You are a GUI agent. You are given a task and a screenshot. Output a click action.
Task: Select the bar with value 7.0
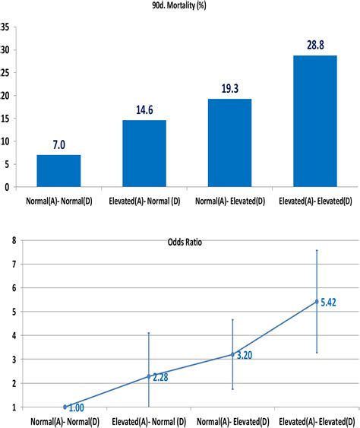(x=58, y=170)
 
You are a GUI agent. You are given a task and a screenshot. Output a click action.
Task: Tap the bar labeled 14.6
(x=144, y=153)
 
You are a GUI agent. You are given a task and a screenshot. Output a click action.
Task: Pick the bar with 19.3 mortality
(x=230, y=142)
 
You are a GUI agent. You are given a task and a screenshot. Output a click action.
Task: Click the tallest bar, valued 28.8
(x=316, y=121)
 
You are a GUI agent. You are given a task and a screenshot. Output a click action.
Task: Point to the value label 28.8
(x=316, y=46)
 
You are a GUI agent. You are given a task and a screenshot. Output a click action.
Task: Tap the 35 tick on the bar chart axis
(x=6, y=27)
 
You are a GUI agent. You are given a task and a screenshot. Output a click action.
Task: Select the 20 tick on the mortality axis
(x=6, y=96)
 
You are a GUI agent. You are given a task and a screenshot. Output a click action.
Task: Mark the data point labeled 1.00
(x=65, y=407)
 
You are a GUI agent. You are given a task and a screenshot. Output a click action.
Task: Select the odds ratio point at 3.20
(x=232, y=354)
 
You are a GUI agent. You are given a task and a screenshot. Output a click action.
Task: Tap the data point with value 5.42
(x=316, y=302)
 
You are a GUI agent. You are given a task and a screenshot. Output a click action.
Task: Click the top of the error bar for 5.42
(x=316, y=250)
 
